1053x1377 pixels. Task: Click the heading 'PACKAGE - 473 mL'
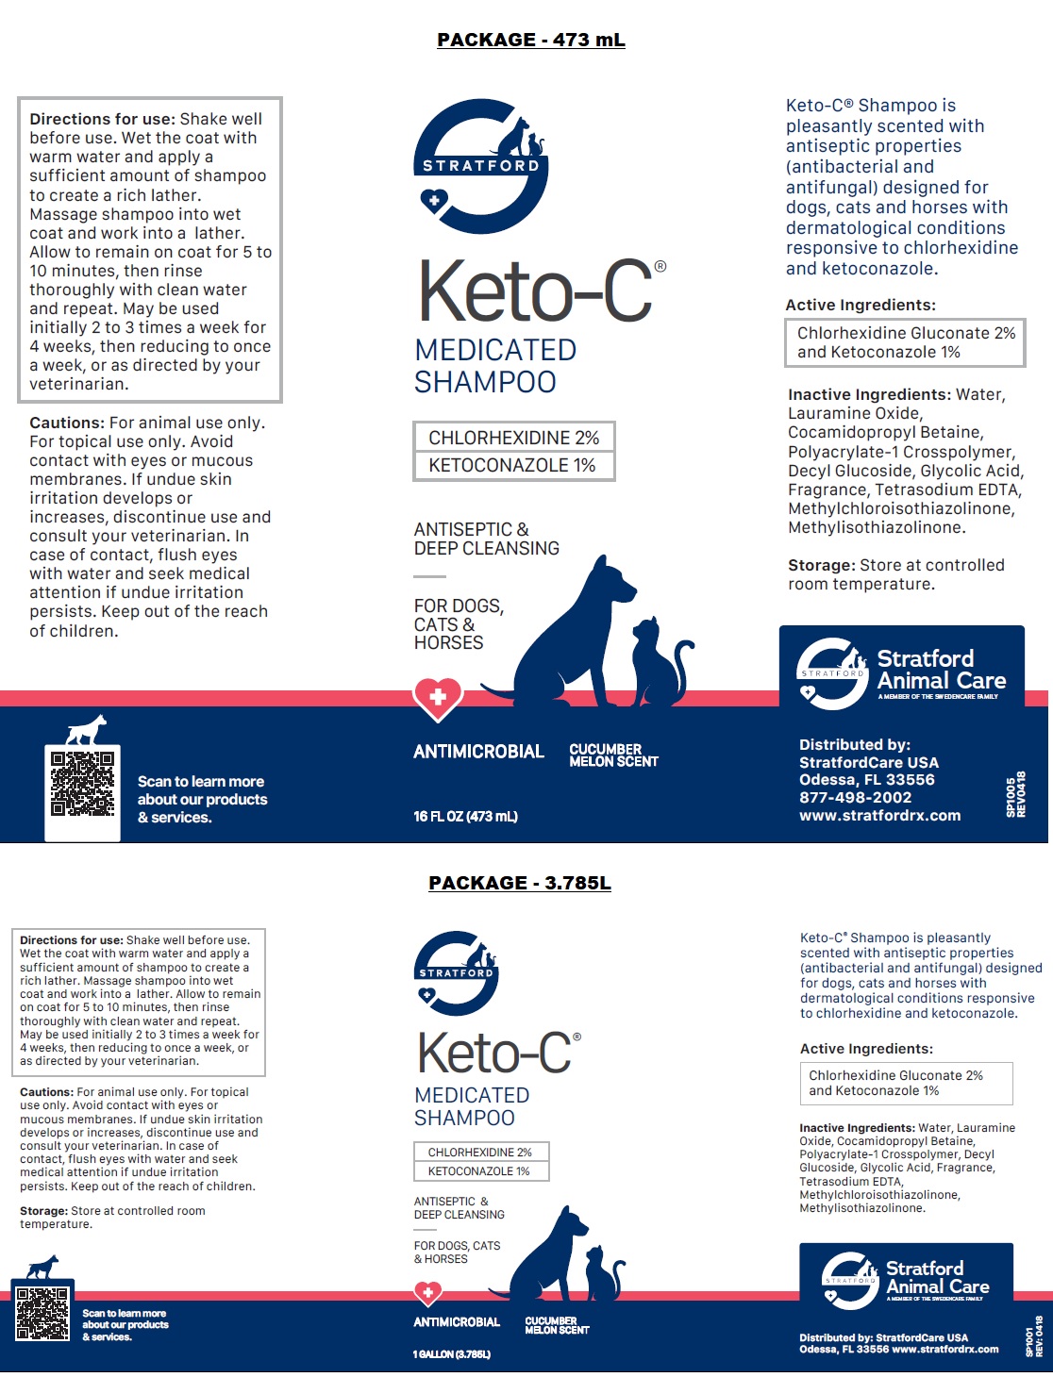[530, 40]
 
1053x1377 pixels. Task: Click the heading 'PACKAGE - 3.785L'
[520, 883]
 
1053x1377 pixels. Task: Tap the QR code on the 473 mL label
[83, 784]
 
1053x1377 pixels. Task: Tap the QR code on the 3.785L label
[42, 1313]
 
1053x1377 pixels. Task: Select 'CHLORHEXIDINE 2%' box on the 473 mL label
[513, 438]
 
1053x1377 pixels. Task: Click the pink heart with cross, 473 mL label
[438, 698]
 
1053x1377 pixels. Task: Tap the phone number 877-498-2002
[855, 797]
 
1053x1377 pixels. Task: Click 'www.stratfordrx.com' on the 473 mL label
[879, 816]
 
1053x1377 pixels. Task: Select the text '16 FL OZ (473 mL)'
[465, 817]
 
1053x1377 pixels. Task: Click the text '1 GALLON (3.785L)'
[451, 1354]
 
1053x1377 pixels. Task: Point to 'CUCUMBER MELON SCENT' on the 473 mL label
[613, 755]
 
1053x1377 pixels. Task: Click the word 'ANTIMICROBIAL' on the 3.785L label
[457, 1322]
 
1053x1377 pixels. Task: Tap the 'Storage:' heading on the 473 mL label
[821, 565]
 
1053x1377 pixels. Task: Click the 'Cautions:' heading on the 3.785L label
[46, 1092]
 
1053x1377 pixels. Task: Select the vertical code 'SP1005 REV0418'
[1015, 795]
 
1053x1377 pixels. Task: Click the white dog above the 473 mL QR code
[87, 729]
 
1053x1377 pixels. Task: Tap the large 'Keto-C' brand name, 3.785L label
[494, 1053]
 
